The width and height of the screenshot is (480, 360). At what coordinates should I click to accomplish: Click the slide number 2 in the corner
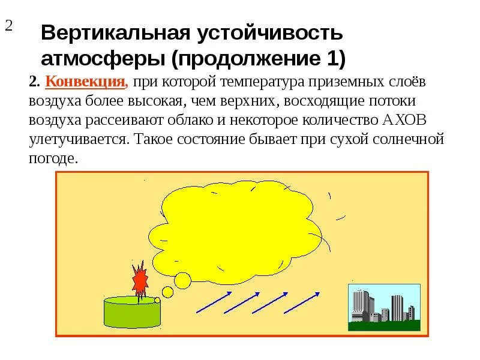click(x=9, y=26)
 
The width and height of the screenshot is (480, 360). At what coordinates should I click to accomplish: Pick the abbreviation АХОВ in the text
click(x=404, y=120)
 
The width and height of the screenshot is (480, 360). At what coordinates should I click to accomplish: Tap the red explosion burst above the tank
click(x=140, y=278)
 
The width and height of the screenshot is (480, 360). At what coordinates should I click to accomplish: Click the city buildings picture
click(x=382, y=305)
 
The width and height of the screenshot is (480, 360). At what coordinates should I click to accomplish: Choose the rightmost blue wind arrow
click(x=302, y=302)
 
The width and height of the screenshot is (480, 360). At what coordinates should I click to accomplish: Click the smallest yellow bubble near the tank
click(x=157, y=300)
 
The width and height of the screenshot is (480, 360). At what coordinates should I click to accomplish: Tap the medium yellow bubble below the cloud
click(x=167, y=292)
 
